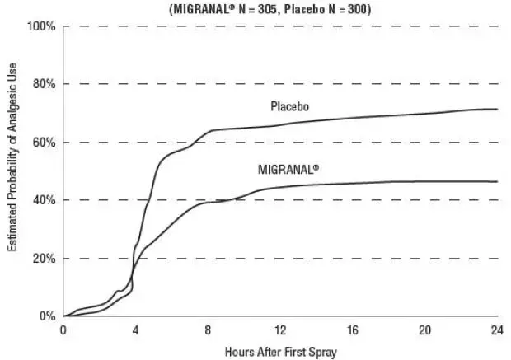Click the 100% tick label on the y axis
point(40,26)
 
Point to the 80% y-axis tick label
point(43,84)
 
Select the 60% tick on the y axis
point(43,143)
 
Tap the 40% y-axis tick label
point(43,200)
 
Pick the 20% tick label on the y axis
point(43,259)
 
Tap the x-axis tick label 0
point(63,330)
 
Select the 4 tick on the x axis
point(136,330)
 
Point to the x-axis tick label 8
point(209,330)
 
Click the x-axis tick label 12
point(280,330)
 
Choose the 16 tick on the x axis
point(353,330)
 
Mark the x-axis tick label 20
point(425,330)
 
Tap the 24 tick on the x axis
point(497,330)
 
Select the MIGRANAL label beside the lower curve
point(288,169)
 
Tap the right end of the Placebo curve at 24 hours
point(497,109)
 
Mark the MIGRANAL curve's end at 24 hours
point(497,181)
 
